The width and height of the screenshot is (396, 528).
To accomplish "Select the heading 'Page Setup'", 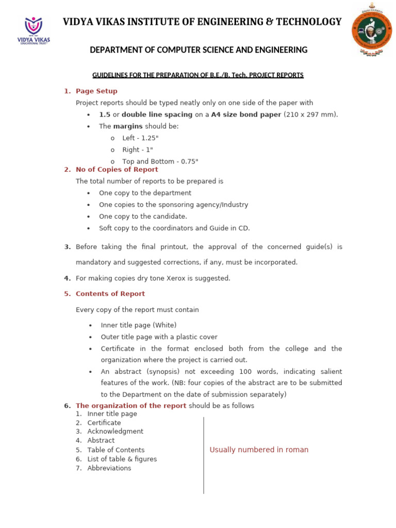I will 96,91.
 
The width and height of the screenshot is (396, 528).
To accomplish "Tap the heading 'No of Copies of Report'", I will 117,170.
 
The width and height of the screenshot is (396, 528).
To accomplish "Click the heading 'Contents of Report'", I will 110,294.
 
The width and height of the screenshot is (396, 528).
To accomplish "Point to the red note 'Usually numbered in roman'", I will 259,450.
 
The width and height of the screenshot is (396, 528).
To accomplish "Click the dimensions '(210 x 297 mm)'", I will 311,114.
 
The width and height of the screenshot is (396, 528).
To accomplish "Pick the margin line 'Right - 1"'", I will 138,150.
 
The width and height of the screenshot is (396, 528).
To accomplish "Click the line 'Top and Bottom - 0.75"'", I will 160,161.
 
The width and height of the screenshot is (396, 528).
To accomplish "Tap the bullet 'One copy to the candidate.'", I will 143,217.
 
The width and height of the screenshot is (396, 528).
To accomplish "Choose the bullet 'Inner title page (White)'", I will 138,325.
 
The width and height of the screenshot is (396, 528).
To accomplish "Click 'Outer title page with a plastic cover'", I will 159,337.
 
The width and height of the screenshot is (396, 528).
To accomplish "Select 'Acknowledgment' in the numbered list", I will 115,432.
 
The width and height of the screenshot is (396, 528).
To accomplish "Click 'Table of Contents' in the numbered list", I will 116,450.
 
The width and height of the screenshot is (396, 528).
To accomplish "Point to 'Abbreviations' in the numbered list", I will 109,468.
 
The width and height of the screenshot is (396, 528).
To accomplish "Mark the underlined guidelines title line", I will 197,75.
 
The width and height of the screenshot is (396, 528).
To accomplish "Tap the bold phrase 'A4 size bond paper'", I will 246,114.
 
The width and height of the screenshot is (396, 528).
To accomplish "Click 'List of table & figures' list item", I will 122,459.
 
